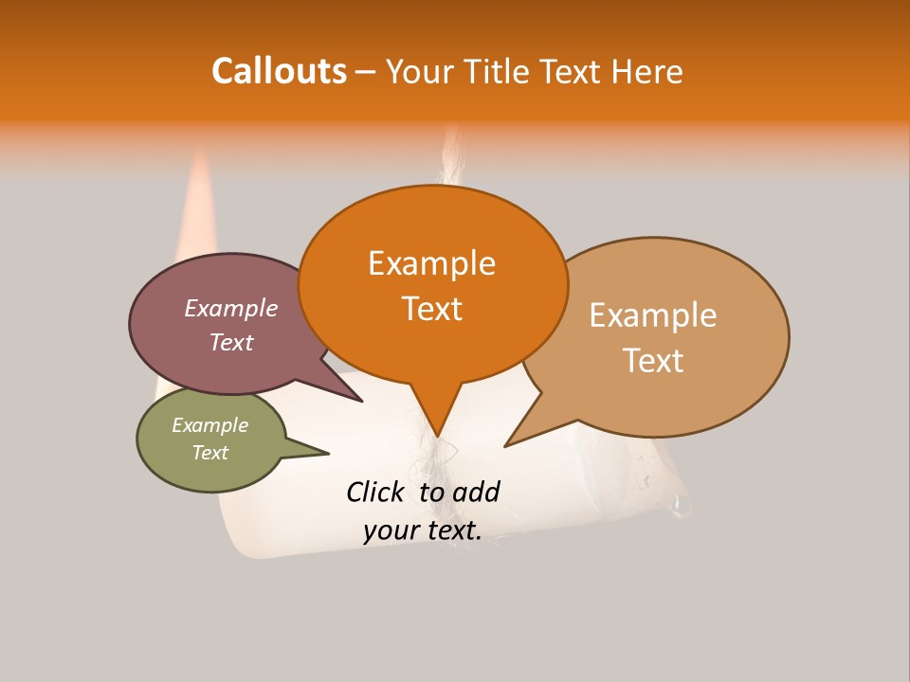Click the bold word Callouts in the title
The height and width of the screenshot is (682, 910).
click(279, 71)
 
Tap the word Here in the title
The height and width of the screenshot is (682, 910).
click(648, 71)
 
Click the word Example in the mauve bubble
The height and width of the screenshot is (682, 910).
click(230, 308)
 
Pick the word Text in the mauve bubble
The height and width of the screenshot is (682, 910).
click(230, 342)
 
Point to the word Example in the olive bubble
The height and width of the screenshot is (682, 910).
click(209, 425)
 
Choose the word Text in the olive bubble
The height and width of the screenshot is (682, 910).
click(209, 453)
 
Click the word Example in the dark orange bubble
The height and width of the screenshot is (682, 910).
click(431, 263)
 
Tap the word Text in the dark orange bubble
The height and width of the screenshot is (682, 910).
click(431, 309)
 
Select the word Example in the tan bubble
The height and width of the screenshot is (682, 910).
click(653, 315)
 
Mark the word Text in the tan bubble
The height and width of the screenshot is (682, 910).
click(653, 361)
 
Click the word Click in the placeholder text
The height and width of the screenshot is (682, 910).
click(376, 492)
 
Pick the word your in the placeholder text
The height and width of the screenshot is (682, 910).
click(390, 530)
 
